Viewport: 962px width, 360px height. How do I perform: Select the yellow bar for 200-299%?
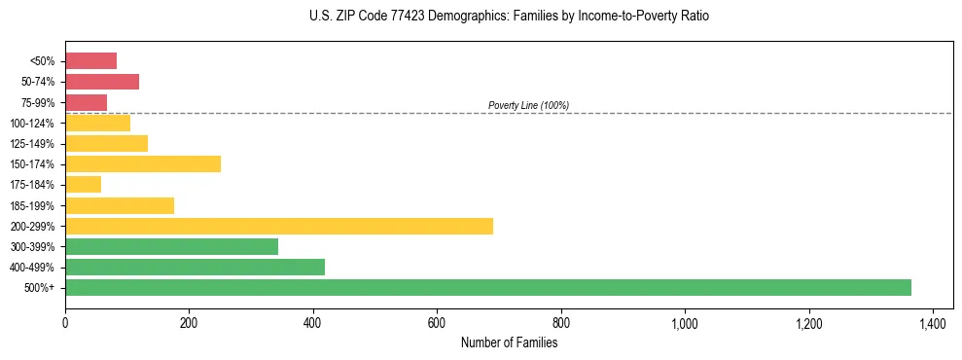279,226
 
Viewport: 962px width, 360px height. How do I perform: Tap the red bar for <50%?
90,61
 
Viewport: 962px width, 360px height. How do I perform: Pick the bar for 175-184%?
83,185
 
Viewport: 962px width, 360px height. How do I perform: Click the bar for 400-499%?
195,267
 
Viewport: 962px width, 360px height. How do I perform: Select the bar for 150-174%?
143,163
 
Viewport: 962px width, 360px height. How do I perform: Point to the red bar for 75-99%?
86,102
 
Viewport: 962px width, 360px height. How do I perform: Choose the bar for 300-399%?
171,246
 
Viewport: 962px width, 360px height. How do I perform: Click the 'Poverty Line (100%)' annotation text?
528,105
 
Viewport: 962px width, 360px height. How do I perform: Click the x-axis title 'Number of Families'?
509,342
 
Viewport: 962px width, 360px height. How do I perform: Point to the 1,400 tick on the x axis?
933,322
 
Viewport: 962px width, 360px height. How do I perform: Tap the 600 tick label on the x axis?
437,322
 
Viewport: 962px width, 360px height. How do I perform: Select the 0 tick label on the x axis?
65,322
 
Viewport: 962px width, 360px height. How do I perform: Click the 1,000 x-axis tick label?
685,322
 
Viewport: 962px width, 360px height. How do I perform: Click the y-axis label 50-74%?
38,82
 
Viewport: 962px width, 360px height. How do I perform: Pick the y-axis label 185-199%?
35,205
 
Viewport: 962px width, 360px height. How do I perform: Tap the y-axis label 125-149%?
35,144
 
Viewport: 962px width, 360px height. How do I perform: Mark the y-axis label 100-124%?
35,124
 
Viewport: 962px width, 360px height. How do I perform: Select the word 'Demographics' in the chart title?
444,17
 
